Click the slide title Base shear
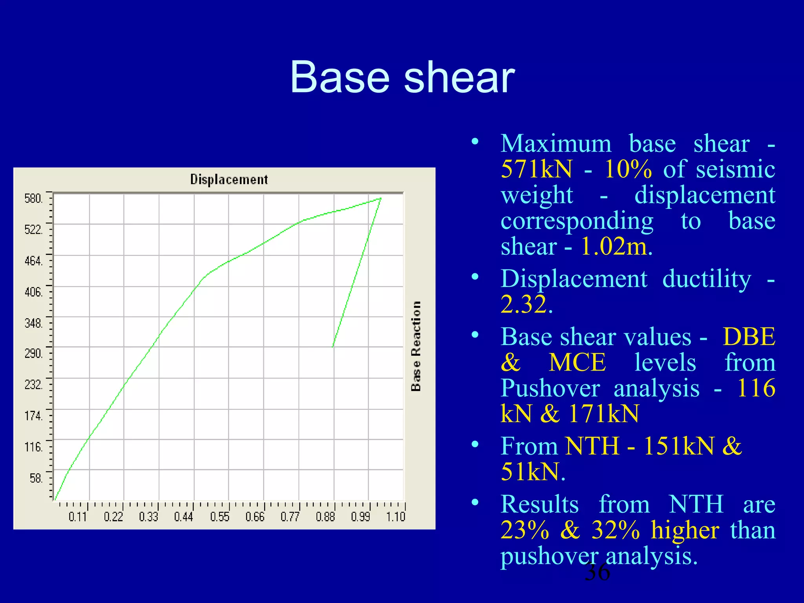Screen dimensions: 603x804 tap(402, 77)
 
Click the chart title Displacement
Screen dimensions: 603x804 tap(229, 179)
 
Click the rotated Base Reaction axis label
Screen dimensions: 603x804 tap(416, 346)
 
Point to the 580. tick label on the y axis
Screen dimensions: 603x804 tap(33, 198)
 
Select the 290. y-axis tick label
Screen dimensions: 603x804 tap(33, 353)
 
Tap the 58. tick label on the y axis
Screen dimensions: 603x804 tap(36, 478)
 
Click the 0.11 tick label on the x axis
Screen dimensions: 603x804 tap(77, 517)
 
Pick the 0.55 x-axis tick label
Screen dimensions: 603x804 tap(219, 517)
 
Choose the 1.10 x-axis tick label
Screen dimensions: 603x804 tap(395, 517)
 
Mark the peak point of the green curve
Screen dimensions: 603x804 tap(380, 199)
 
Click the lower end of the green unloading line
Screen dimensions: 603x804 tap(333, 347)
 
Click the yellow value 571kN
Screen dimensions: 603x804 tap(537, 169)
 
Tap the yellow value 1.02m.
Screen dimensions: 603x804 tap(616, 247)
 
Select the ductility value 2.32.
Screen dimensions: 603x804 tap(526, 304)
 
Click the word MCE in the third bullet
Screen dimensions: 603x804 tap(577, 362)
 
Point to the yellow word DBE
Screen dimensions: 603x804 tap(749, 337)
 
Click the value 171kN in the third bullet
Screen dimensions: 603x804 tap(603, 413)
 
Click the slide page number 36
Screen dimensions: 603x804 tap(597, 572)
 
